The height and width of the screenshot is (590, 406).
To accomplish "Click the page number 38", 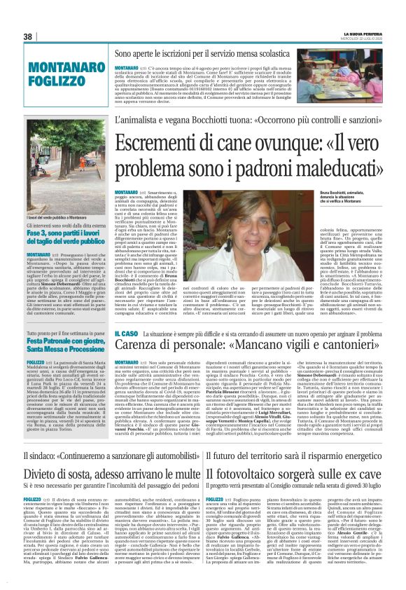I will (x=28, y=36).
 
